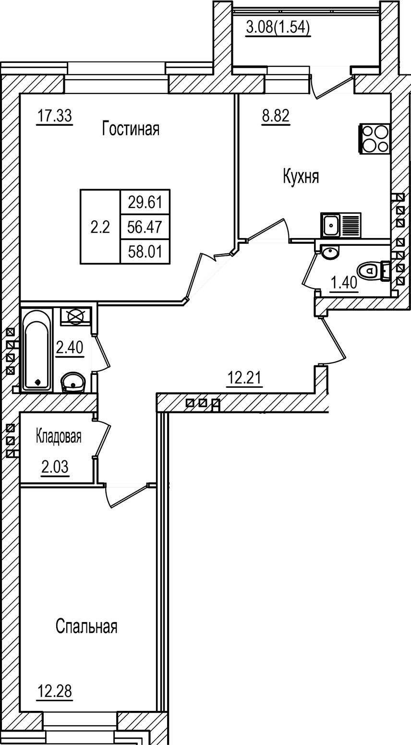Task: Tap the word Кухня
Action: tap(301, 177)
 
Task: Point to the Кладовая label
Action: tap(59, 437)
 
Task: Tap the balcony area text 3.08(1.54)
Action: tap(278, 28)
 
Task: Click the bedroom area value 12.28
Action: tap(57, 693)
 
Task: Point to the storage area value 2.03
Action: tap(55, 467)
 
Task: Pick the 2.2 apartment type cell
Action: tap(100, 227)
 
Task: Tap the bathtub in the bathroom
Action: tap(37, 348)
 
